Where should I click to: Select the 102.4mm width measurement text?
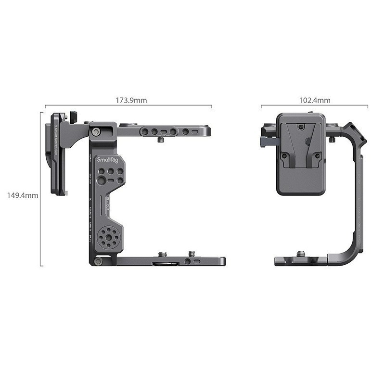tap(315, 101)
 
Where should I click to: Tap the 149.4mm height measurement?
tap(23, 195)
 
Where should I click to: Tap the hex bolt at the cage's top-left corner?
tap(96, 132)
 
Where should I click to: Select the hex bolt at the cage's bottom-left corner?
tap(98, 261)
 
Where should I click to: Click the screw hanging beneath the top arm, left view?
tap(162, 140)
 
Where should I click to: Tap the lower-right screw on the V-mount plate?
tap(316, 156)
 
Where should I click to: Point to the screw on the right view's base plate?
tap(301, 253)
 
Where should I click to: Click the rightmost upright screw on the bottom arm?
tap(192, 253)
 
